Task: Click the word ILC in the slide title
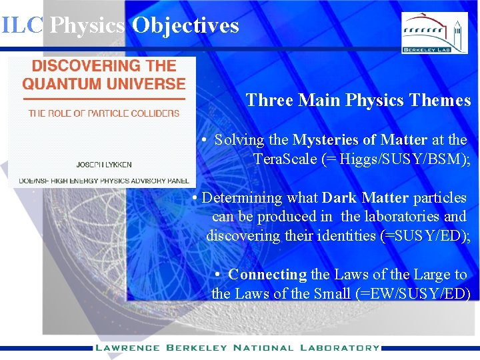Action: tap(22, 25)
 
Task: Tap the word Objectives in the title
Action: tap(185, 25)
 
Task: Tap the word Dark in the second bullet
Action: tap(341, 198)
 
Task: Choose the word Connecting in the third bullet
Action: tap(267, 275)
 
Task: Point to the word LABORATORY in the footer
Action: tap(340, 347)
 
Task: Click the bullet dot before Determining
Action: tap(194, 199)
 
